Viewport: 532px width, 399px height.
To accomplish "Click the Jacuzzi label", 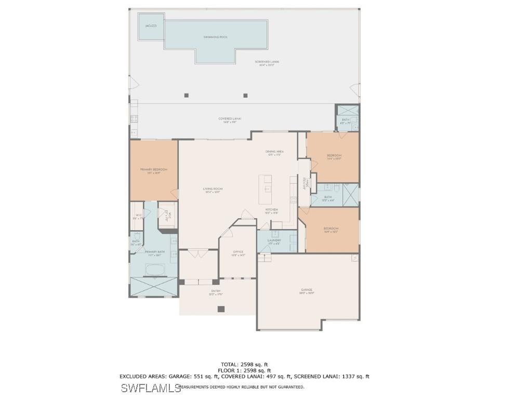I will coord(147,25).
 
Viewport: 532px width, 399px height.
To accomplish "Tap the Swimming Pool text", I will coord(216,37).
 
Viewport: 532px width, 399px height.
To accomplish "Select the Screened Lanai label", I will coord(267,62).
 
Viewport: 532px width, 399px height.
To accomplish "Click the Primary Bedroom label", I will coord(154,169).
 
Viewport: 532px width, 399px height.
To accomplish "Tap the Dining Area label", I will coord(274,151).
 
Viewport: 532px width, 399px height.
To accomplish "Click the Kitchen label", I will coord(272,209).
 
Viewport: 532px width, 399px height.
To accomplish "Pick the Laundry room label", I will coord(274,240).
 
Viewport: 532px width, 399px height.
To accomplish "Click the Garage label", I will coord(307,290).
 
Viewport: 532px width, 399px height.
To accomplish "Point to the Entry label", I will coord(216,291).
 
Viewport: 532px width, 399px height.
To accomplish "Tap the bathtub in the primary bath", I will coord(154,270).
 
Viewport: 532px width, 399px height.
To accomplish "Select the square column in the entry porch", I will coord(221,309).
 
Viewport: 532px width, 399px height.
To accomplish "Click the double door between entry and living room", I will coord(198,253).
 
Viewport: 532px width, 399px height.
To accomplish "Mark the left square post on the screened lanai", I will coord(187,95).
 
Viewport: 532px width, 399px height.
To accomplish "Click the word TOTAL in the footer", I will coord(230,364).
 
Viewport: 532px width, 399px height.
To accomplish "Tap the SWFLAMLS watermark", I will coord(151,388).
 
